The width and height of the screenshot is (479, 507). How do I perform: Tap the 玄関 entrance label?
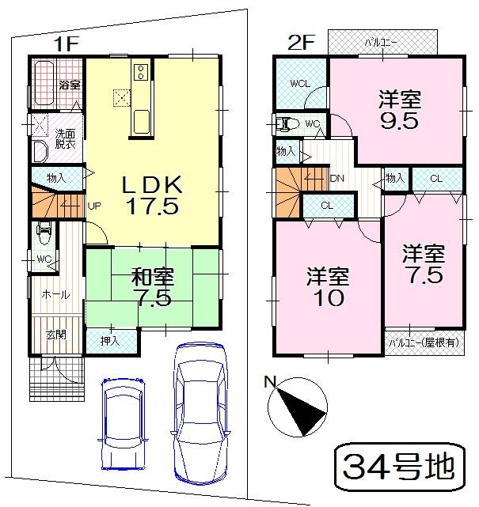55,335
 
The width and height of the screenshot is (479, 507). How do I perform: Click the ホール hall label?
55,294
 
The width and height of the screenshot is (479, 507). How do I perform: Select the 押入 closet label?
110,341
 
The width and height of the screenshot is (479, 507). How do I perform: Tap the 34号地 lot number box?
400,467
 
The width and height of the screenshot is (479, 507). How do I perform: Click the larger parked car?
201,413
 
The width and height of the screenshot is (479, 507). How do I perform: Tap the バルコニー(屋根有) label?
424,342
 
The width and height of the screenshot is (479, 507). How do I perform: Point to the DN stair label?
335,179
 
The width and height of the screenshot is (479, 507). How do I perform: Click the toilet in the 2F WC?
286,123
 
